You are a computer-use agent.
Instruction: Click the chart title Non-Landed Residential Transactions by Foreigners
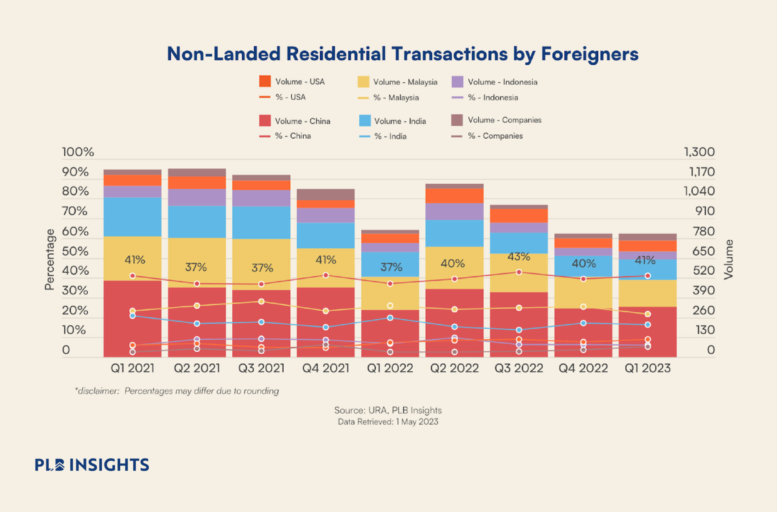coord(402,54)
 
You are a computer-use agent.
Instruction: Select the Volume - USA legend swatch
coord(265,81)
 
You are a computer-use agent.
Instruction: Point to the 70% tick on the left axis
coord(75,211)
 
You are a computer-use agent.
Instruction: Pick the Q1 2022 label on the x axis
coord(390,368)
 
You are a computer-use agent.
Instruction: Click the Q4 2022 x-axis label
coord(583,368)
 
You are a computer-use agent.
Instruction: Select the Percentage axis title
coord(50,259)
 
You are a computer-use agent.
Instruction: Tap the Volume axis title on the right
coord(729,259)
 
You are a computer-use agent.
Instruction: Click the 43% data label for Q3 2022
coord(518,256)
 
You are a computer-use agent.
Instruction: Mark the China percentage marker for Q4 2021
coord(326,275)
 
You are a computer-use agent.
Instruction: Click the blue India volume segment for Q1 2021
coord(132,217)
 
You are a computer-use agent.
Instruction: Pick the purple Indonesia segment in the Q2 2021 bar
coord(197,197)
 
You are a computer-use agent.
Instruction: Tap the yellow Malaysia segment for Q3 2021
coord(261,264)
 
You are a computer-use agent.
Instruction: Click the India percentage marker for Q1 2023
coord(647,324)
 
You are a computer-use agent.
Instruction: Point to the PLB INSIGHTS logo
coord(92,465)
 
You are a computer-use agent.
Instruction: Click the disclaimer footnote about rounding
coord(177,391)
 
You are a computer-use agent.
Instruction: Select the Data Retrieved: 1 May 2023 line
coord(388,422)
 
